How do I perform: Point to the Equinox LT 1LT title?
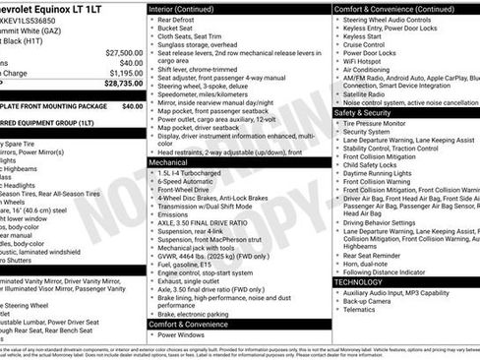(x=59, y=10)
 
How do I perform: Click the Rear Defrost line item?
(x=183, y=21)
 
